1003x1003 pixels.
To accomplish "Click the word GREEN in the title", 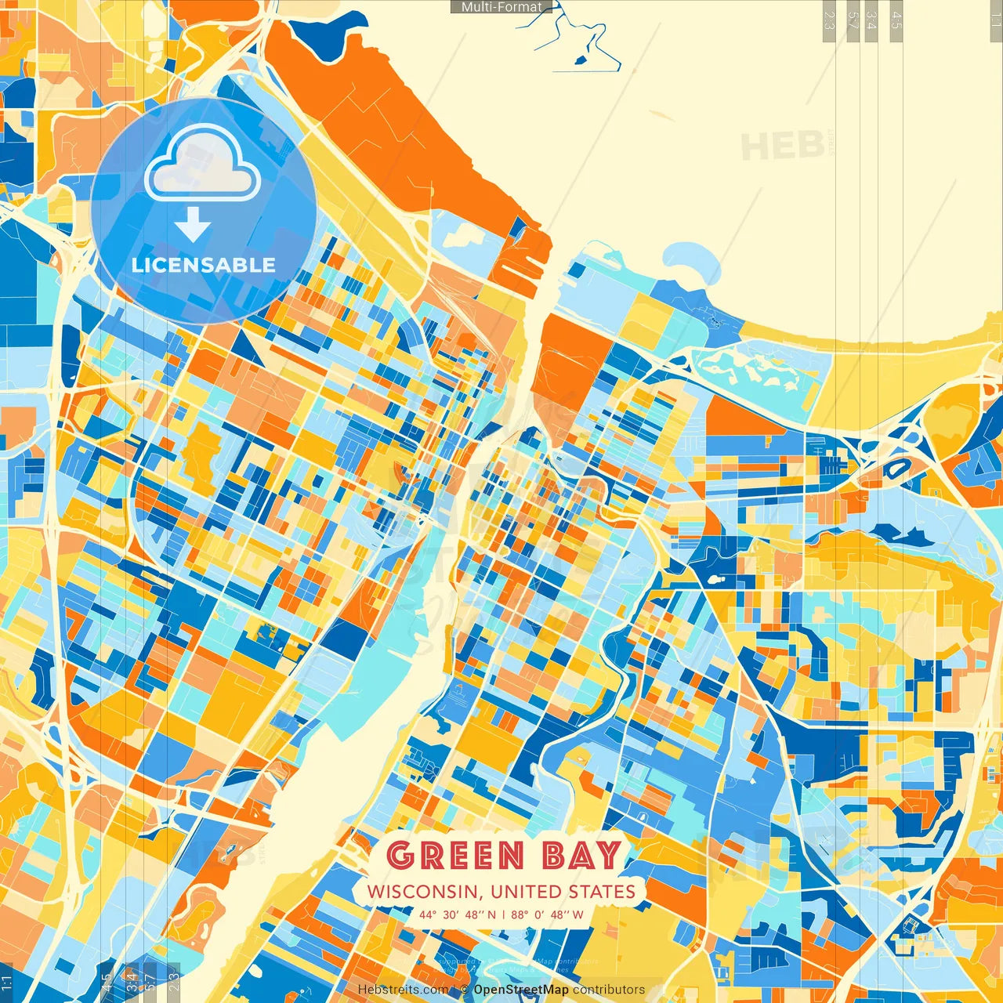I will [x=455, y=855].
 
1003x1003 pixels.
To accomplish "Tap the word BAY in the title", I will [x=581, y=855].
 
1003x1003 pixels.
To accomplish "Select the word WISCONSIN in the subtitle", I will [x=421, y=892].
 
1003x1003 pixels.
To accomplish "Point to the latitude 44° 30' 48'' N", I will [x=457, y=914].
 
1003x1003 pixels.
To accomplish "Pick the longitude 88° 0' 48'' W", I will [x=547, y=914].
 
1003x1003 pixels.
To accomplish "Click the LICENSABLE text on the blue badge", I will [x=204, y=265].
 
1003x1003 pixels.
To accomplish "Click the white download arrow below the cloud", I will [x=193, y=224].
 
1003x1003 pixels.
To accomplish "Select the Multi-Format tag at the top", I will [x=501, y=7].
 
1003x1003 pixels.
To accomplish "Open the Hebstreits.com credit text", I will [x=403, y=990].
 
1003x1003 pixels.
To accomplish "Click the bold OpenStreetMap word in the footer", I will [x=521, y=990].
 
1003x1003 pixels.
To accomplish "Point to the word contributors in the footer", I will [x=609, y=990].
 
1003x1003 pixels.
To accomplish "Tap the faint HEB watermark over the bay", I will [x=782, y=147].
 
